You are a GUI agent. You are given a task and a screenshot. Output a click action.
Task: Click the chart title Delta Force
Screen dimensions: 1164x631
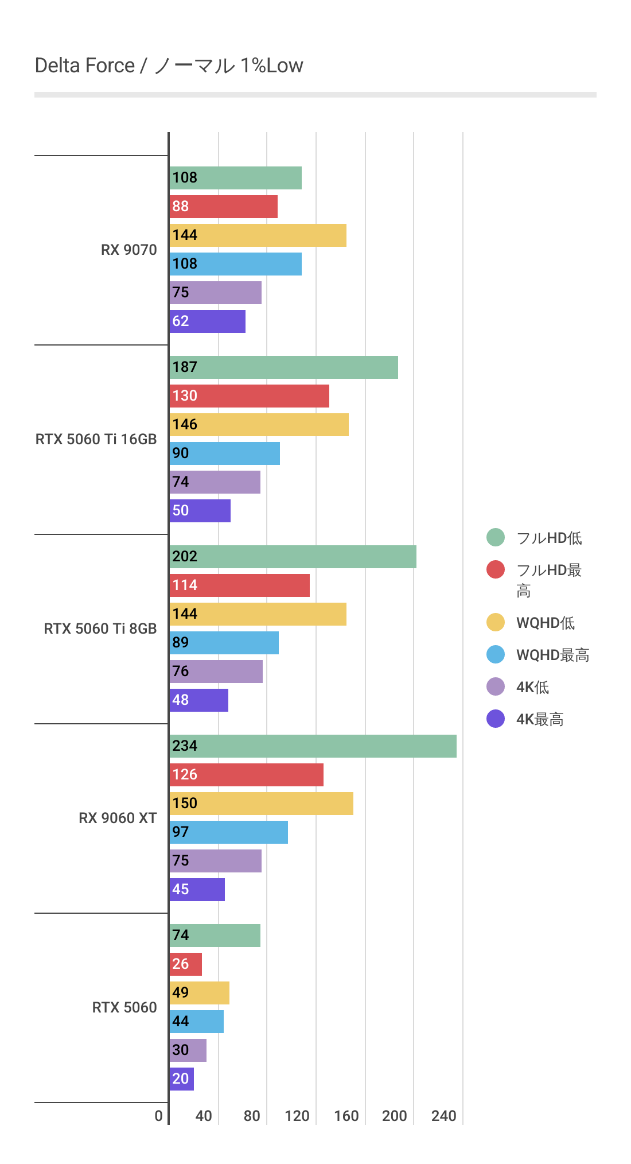coord(169,65)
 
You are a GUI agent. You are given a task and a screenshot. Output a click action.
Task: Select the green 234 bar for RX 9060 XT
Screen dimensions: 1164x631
coord(313,746)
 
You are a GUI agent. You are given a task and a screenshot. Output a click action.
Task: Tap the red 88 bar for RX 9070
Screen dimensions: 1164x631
coord(224,207)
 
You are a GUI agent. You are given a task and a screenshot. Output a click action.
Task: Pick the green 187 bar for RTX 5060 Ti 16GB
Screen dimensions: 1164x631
coord(283,367)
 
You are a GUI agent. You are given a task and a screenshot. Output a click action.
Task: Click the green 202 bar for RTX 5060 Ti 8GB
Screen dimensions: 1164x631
coord(293,557)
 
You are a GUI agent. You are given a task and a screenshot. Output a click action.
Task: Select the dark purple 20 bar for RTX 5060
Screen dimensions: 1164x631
coord(182,1079)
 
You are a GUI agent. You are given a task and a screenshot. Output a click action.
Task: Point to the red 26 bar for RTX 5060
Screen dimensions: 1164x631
coord(186,964)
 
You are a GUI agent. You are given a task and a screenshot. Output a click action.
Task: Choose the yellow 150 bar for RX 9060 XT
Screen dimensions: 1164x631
coord(261,804)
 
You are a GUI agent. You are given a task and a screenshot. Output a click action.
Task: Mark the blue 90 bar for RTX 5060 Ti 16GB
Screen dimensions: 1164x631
coord(224,453)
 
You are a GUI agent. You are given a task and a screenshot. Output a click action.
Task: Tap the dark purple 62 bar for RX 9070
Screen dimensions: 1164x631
coord(208,321)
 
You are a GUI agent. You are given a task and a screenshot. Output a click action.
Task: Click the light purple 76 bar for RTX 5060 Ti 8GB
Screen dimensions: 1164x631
coord(216,672)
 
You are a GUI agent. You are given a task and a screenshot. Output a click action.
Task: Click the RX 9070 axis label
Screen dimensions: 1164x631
coord(128,250)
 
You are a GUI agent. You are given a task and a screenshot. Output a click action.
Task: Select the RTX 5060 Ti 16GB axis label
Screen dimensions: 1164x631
coord(96,439)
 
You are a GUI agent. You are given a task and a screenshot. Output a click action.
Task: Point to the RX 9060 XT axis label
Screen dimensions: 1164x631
coord(118,818)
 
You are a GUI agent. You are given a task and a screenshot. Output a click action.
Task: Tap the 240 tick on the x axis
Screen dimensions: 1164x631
coord(443,1116)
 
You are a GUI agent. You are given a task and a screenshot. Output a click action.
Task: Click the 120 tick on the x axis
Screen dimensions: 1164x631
coord(297,1116)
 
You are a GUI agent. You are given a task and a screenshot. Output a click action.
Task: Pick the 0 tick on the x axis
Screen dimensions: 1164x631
coord(158,1116)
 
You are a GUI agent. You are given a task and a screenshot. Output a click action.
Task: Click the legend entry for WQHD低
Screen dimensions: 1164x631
coord(545,623)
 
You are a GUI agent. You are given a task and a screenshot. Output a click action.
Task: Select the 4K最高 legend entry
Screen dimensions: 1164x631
coord(539,719)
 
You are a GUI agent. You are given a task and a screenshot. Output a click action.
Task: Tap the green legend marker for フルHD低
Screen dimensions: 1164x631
coord(496,537)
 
